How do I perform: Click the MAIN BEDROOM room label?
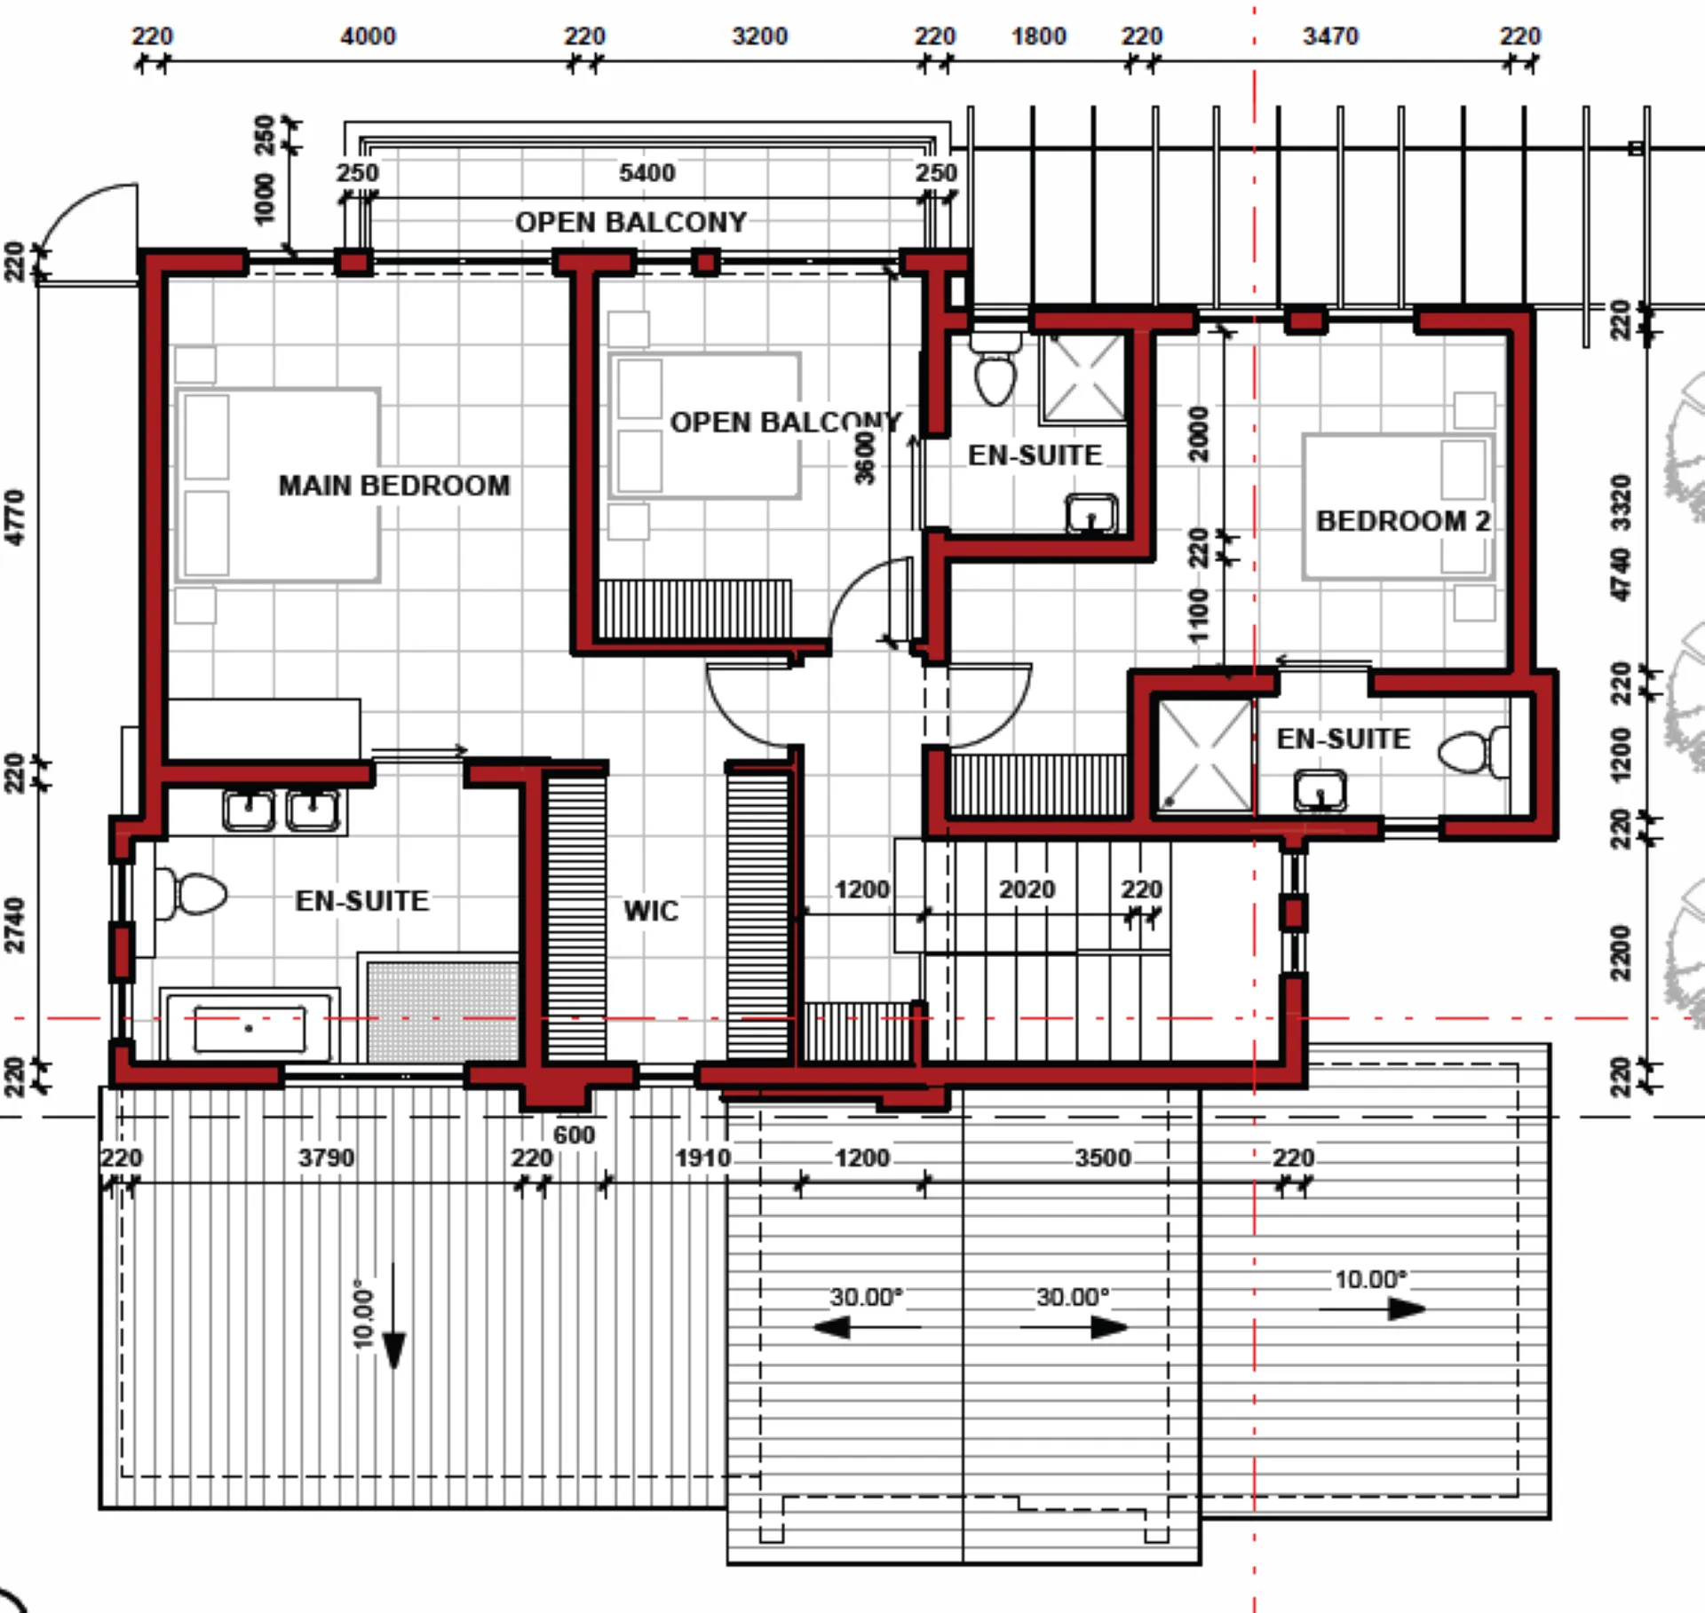394,486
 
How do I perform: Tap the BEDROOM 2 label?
1403,521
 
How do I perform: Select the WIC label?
651,911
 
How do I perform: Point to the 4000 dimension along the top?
369,36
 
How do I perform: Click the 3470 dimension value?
1330,36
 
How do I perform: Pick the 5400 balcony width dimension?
647,172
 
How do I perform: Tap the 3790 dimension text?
326,1158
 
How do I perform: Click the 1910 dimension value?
702,1158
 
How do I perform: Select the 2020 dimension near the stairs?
1027,890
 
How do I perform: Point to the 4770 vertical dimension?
15,518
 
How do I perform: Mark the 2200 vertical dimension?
1621,953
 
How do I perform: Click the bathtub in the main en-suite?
250,1027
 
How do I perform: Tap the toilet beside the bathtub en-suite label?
190,894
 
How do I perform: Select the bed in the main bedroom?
278,485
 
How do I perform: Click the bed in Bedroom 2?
1399,507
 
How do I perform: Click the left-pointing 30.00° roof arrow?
867,1328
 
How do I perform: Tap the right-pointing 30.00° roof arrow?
1074,1328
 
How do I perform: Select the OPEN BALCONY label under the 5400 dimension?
630,222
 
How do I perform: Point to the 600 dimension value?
574,1135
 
